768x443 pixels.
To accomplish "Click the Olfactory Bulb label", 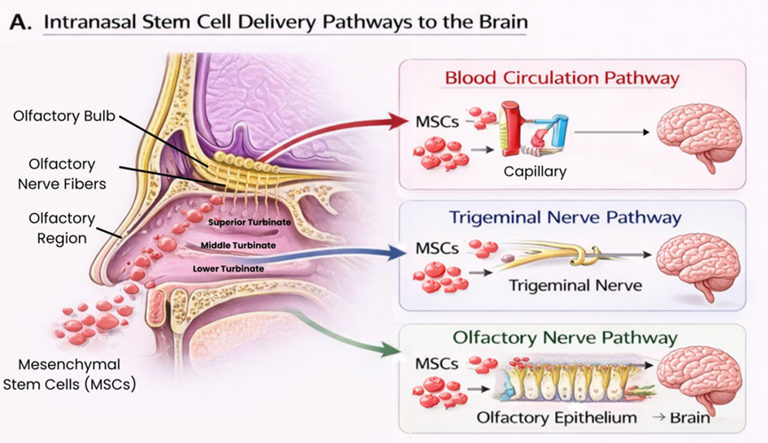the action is [64, 116].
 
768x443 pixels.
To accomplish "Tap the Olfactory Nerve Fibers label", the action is [61, 174].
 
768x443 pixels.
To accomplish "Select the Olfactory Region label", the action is [61, 228].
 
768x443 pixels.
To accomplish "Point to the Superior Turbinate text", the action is [249, 222].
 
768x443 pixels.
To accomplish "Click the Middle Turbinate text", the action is [238, 245].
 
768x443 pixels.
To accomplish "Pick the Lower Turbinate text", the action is [228, 268].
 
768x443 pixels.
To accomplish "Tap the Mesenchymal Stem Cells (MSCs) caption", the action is [69, 375].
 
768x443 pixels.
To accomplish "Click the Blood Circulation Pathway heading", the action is [563, 78].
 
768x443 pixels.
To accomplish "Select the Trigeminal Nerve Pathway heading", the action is [565, 218].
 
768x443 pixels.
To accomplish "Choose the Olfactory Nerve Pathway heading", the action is [565, 337].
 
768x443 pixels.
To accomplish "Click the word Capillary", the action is [535, 171].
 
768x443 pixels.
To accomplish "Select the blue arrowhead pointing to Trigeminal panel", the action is [397, 253].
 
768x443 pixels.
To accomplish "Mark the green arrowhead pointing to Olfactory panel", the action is [390, 349].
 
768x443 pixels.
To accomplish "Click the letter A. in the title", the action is [20, 22].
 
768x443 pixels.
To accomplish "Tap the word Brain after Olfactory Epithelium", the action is [690, 417].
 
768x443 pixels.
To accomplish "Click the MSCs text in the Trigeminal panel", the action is [437, 249].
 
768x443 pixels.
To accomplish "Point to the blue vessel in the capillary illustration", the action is [560, 131].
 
